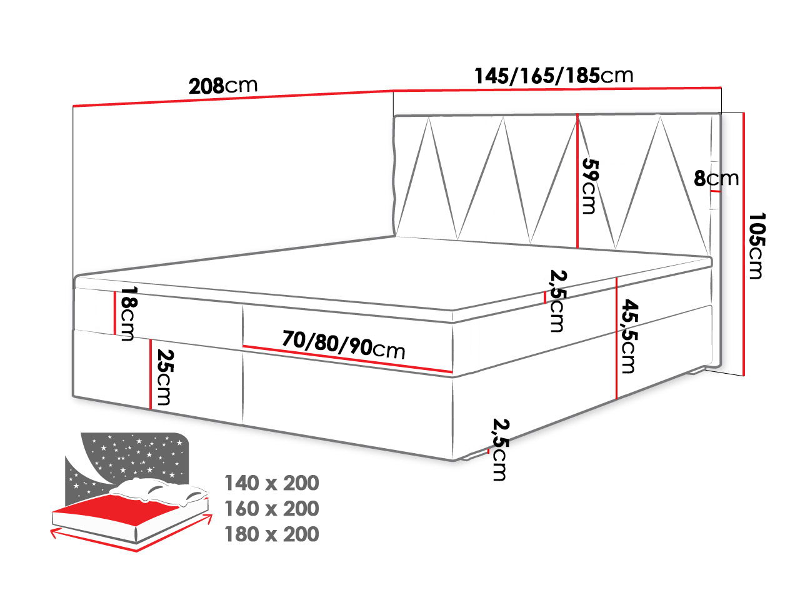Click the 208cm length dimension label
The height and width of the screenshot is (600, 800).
coord(223,86)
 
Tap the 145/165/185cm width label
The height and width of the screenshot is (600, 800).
coord(554,76)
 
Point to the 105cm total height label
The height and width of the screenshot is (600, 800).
coord(756,246)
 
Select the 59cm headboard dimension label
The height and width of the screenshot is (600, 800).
coord(589,185)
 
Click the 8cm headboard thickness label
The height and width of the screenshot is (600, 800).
coord(716,179)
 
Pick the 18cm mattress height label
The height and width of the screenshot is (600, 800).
coord(128,314)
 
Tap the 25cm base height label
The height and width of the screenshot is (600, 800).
coord(163,377)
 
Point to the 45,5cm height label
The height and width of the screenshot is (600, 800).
coord(629,336)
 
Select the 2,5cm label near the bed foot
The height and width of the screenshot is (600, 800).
coord(499,449)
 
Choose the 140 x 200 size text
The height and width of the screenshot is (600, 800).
coord(271,483)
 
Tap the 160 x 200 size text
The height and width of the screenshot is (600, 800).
coord(271,509)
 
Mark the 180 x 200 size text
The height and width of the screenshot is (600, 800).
coord(271,534)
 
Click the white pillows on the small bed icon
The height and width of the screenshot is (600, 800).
coord(162,491)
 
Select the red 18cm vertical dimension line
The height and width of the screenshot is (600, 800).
coord(114,312)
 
